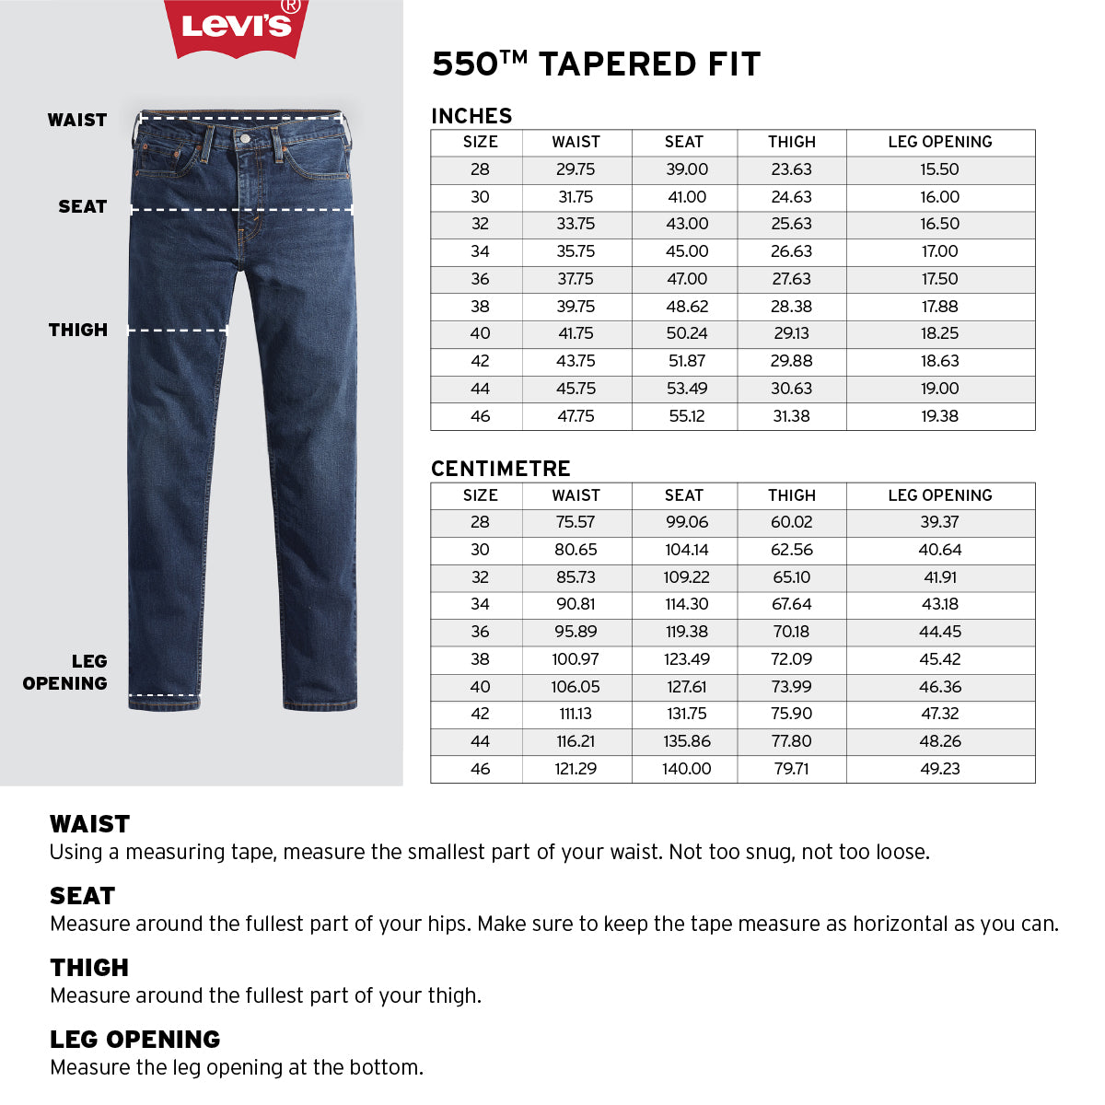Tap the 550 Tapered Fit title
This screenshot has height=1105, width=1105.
pos(596,64)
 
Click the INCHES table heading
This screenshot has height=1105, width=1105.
pos(471,116)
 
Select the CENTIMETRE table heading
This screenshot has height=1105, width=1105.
pos(501,469)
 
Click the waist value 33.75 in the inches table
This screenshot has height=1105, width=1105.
pos(576,224)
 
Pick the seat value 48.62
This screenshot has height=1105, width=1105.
pos(687,307)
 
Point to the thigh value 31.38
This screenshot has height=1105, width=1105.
pos(791,416)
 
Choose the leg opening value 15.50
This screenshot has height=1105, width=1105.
pos(939,169)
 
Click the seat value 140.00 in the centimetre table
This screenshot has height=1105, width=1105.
pos(687,769)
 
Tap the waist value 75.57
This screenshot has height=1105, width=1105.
pos(576,522)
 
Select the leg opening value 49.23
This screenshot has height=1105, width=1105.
pos(939,769)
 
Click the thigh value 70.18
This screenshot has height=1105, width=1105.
pos(791,632)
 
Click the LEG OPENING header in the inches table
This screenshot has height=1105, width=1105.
pos(939,142)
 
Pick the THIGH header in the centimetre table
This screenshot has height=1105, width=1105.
pos(791,495)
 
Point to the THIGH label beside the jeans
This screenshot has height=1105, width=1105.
pos(78,330)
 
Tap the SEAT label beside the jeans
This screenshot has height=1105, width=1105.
pos(83,207)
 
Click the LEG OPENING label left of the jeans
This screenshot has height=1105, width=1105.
pos(66,672)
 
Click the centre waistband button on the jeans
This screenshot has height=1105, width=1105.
pos(244,138)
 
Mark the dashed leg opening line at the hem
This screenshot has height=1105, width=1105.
pos(164,695)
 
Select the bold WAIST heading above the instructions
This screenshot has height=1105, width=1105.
pos(90,824)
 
